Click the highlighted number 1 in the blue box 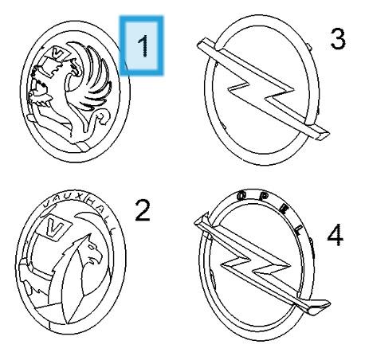click(x=143, y=45)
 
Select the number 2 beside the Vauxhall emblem click(x=143, y=210)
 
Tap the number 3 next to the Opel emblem click(x=338, y=39)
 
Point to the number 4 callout click(x=336, y=235)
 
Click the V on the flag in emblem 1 click(x=59, y=54)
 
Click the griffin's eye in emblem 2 click(x=92, y=247)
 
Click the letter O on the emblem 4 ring click(x=241, y=196)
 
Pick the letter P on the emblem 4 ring click(x=263, y=197)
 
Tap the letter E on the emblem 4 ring click(x=284, y=208)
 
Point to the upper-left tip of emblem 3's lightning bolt click(x=199, y=43)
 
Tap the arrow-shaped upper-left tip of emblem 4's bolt click(x=198, y=220)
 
